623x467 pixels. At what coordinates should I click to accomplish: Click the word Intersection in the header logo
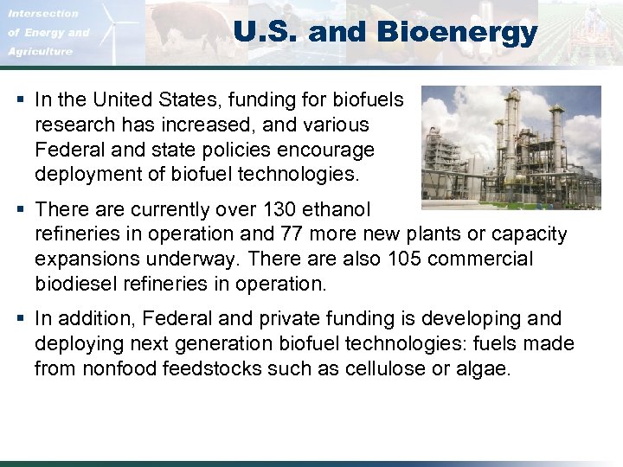(43, 13)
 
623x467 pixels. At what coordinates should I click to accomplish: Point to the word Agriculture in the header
(40, 51)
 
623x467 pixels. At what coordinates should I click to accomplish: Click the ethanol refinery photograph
(511, 147)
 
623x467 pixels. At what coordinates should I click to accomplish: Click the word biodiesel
(74, 285)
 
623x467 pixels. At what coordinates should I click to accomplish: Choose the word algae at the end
(486, 368)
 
